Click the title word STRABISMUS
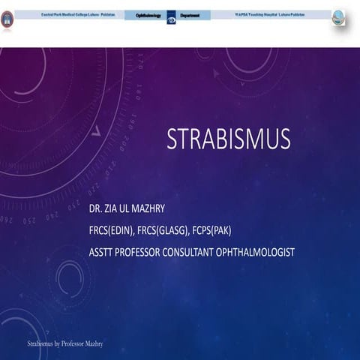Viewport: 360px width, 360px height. tap(228, 139)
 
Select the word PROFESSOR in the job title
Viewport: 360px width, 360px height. tap(145, 252)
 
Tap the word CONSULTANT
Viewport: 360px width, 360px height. tap(198, 252)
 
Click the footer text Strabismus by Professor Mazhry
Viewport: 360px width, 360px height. tap(65, 343)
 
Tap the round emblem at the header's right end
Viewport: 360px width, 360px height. tap(338, 17)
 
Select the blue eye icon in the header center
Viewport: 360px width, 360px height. tap(171, 16)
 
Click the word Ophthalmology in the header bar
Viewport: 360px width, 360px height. tap(148, 15)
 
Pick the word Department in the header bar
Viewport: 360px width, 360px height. tap(190, 15)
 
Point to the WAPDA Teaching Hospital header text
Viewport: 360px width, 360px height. tap(271, 15)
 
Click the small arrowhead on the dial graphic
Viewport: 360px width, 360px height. tap(95, 130)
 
